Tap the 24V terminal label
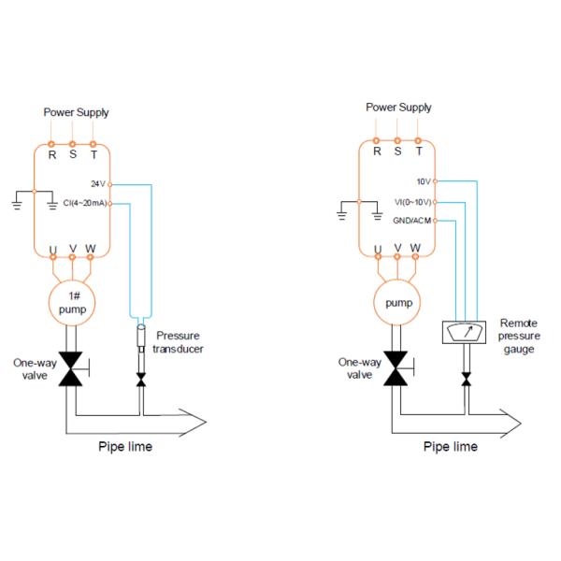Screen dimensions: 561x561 (99, 183)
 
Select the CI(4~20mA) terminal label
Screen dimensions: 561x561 (85, 203)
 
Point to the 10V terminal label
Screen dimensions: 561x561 (424, 181)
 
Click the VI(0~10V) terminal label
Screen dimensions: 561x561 (411, 201)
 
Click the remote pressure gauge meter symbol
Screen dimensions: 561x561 (465, 334)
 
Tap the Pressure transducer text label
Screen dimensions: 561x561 (180, 341)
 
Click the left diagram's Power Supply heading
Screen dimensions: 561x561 (76, 112)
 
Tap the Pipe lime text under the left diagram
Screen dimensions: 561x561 (125, 446)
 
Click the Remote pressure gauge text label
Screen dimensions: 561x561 (517, 335)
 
